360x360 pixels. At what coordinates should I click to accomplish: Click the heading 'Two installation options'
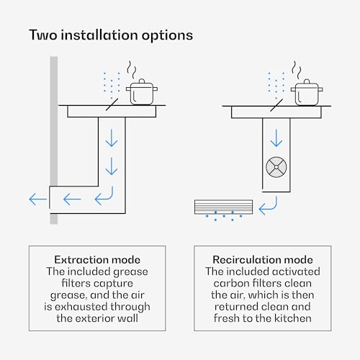tap(111, 35)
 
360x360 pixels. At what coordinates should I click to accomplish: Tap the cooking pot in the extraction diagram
tap(142, 92)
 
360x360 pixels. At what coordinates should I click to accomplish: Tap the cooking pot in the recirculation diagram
tap(307, 92)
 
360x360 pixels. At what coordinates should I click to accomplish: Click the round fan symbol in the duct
tap(276, 167)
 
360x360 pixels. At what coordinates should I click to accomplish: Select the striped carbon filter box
tap(223, 207)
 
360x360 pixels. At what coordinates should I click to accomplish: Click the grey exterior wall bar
tap(54, 140)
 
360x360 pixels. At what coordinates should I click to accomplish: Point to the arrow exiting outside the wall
tap(38, 199)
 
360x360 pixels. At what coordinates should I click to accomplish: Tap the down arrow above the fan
tap(276, 138)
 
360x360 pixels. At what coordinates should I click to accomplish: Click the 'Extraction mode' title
tap(97, 260)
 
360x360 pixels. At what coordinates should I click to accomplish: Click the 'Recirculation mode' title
tap(263, 260)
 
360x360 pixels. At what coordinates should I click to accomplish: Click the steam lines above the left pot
tap(132, 70)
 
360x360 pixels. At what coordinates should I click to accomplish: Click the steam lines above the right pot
tap(297, 70)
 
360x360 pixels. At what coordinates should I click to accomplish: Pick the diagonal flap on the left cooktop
tap(112, 104)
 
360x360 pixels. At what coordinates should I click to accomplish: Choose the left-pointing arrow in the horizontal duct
tap(72, 199)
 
